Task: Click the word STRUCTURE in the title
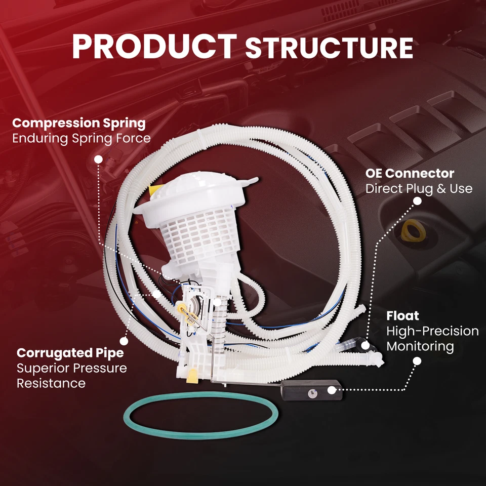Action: pos(329,48)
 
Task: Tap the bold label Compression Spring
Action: pos(78,123)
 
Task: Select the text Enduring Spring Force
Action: pos(81,138)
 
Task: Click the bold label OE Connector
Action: pos(410,173)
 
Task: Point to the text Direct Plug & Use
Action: pos(419,189)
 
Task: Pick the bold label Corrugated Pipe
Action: pos(70,352)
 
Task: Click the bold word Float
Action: pos(402,316)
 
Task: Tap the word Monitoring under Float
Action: pos(420,346)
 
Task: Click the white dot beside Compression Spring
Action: pos(98,159)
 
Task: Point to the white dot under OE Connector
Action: pos(417,200)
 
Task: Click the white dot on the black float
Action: pos(332,390)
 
